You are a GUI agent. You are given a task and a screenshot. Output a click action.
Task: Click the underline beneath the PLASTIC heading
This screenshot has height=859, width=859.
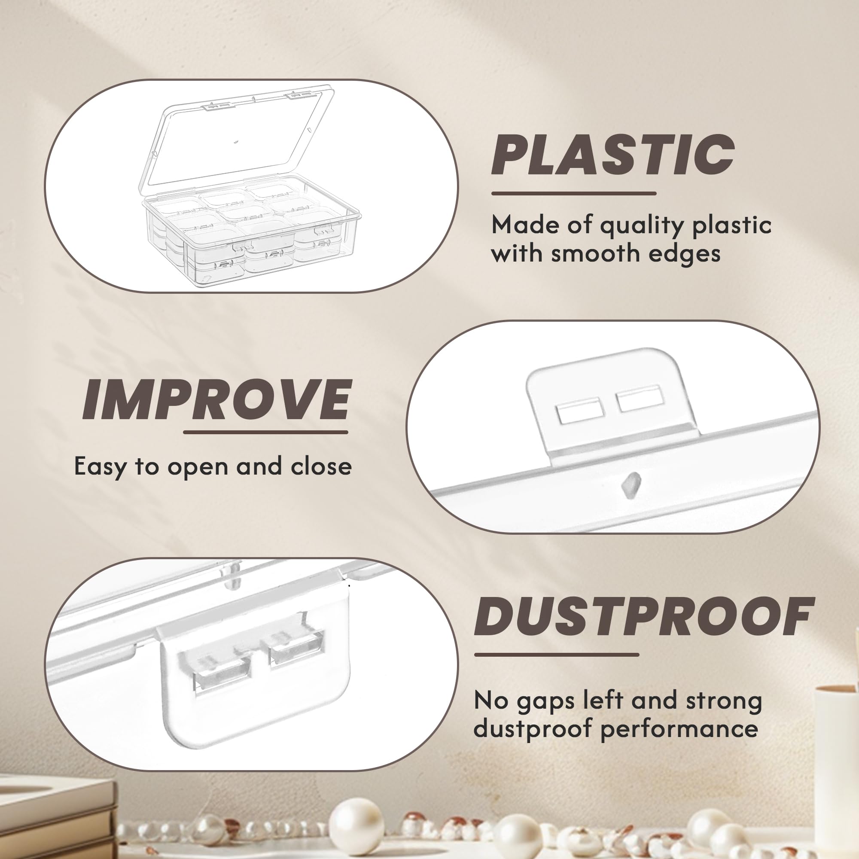tap(573, 193)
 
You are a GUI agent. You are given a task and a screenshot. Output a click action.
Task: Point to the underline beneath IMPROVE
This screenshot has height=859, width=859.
tap(265, 432)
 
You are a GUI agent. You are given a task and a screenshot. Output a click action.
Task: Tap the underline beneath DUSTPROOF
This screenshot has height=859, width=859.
tap(556, 655)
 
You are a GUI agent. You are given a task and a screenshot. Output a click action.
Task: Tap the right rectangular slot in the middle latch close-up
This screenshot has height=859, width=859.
tap(641, 399)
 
